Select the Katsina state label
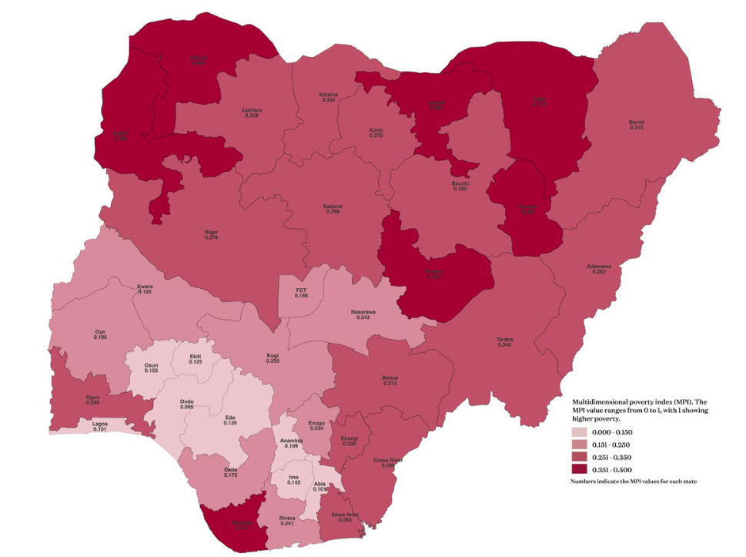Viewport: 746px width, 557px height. [x=329, y=97]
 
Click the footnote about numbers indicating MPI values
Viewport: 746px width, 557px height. [x=634, y=482]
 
